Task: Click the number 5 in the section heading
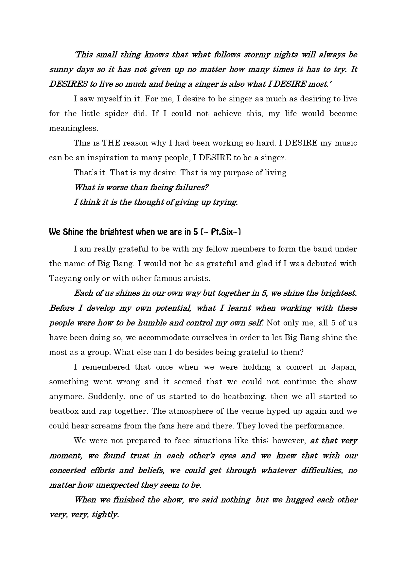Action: click(x=195, y=232)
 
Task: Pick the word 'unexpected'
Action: click(x=116, y=485)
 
